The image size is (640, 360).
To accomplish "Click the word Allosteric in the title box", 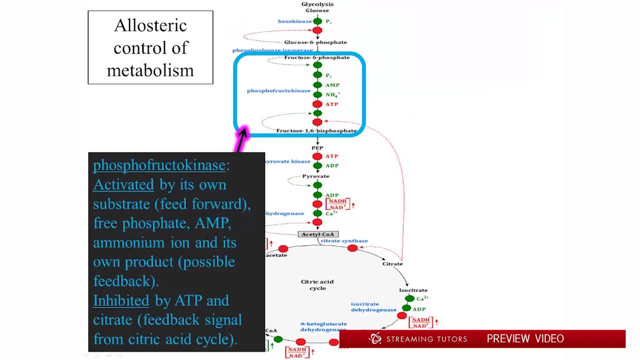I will pyautogui.click(x=150, y=25).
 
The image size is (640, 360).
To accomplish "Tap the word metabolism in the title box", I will pyautogui.click(x=150, y=70).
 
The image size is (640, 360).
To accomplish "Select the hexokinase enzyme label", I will pyautogui.click(x=294, y=21).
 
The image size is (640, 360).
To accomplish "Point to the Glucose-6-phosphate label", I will pyautogui.click(x=315, y=42).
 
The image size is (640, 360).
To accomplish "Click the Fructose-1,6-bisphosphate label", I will pyautogui.click(x=316, y=131).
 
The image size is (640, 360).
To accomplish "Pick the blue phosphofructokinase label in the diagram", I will pyautogui.click(x=278, y=91).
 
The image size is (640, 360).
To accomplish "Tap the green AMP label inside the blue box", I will pyautogui.click(x=332, y=85).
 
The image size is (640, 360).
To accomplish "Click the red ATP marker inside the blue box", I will pyautogui.click(x=317, y=104).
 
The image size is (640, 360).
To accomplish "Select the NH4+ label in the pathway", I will pyautogui.click(x=332, y=95).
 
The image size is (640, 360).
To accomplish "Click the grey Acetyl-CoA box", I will pyautogui.click(x=318, y=234).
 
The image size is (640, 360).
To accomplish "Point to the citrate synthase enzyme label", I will pyautogui.click(x=344, y=241).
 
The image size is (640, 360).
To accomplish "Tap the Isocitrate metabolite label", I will pyautogui.click(x=413, y=290).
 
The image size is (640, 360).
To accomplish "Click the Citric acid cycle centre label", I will pyautogui.click(x=317, y=284).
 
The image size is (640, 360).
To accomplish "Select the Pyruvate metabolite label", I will pyautogui.click(x=316, y=176).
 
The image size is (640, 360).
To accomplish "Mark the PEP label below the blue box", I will pyautogui.click(x=317, y=148).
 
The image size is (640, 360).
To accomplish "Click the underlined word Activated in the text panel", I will pyautogui.click(x=123, y=185).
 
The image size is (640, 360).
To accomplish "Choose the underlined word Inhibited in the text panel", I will pyautogui.click(x=121, y=300).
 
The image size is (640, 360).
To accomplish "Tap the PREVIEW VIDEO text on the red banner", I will pyautogui.click(x=525, y=339).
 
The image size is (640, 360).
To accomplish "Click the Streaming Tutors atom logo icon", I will pyautogui.click(x=375, y=339).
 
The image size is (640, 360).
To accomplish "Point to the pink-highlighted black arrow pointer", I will pyautogui.click(x=242, y=138).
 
